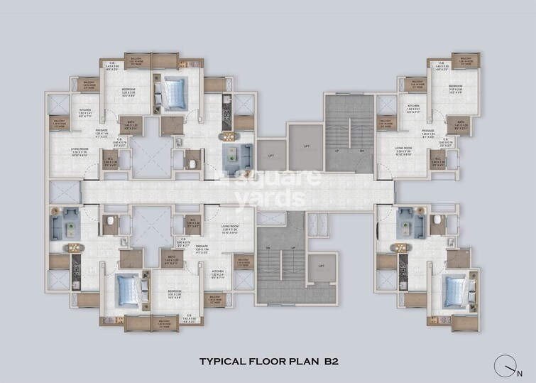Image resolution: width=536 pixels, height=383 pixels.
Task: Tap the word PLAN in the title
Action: coord(302,362)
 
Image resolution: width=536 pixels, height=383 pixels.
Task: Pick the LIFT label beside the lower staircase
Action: coord(322,266)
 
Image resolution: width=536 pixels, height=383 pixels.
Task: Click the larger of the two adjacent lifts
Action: coord(306,146)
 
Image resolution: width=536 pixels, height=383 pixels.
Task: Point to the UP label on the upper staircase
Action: coord(337,151)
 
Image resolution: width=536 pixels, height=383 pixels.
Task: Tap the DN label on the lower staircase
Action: coord(269,247)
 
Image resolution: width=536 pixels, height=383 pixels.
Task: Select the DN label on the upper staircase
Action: coord(362,151)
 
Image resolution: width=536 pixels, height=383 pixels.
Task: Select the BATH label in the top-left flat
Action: coord(131,121)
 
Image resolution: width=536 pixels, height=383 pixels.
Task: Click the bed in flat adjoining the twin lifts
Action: coord(173,90)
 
